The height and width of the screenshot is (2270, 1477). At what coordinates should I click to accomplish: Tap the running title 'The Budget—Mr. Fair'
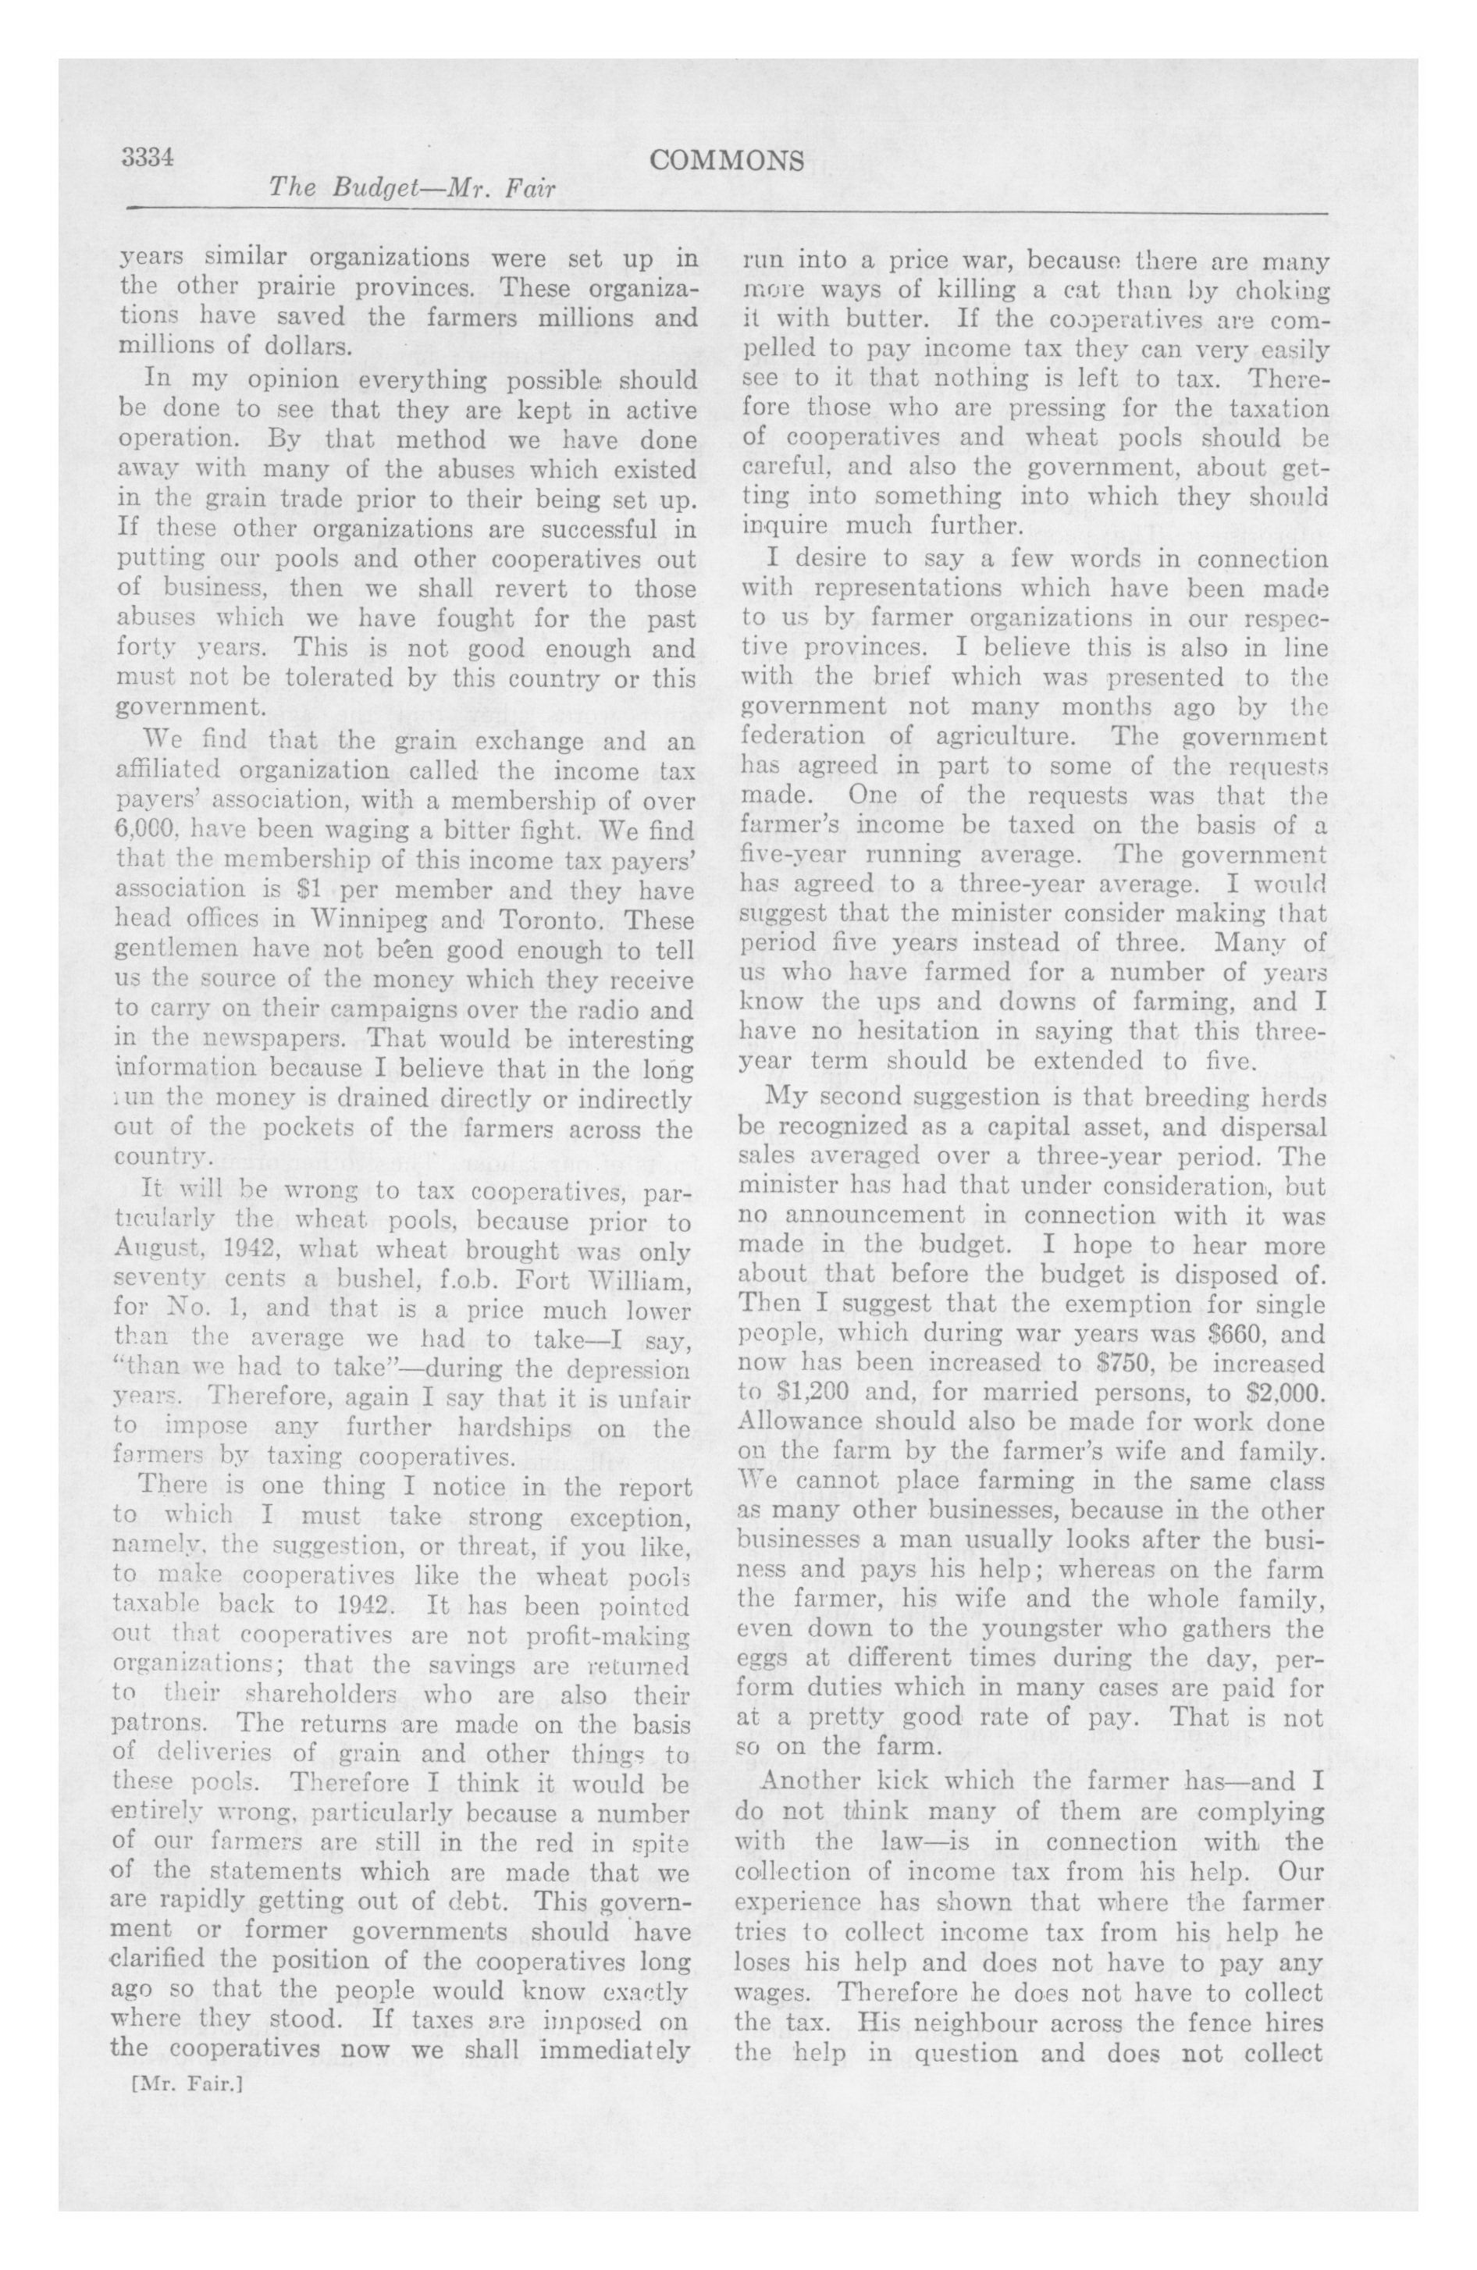point(412,189)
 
